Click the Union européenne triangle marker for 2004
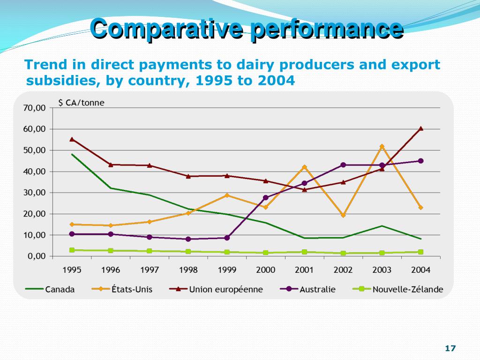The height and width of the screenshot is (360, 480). click(x=421, y=128)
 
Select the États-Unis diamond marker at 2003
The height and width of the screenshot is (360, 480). click(x=382, y=147)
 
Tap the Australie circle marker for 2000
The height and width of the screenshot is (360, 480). click(x=266, y=198)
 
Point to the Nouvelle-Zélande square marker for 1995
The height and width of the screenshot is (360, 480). click(x=72, y=250)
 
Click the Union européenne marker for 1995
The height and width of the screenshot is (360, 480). click(x=72, y=139)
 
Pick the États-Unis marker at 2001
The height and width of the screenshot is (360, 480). click(x=304, y=167)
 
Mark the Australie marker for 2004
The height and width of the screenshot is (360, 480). click(x=421, y=161)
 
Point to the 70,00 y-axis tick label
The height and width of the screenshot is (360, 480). click(x=35, y=108)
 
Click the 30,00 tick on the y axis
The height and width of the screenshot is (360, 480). click(x=35, y=193)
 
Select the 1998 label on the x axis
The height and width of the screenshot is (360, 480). click(x=188, y=270)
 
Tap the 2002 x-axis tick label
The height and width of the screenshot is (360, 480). click(x=343, y=270)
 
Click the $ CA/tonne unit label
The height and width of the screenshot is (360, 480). click(x=81, y=103)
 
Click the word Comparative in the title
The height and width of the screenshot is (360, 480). click(x=166, y=29)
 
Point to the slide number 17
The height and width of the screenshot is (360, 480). click(x=450, y=348)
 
